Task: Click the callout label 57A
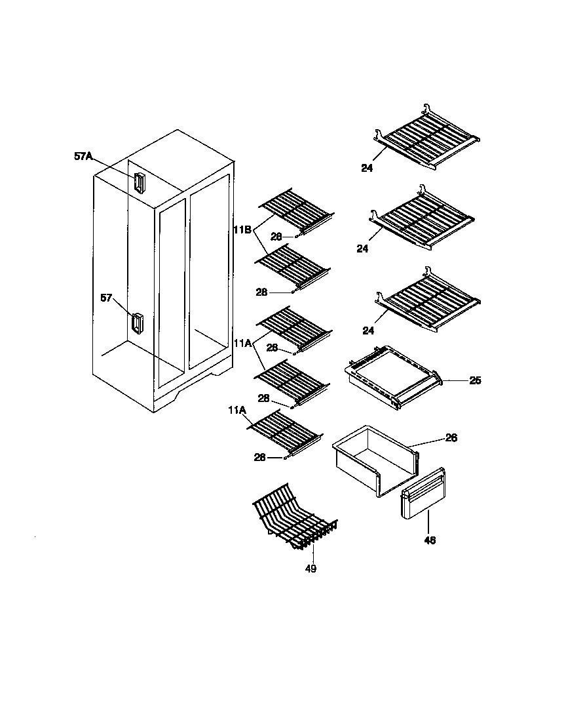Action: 84,156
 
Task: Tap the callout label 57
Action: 107,297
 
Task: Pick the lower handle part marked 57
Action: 137,324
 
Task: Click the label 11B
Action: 242,230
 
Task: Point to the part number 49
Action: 311,569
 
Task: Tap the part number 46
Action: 429,540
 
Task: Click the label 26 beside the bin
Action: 451,437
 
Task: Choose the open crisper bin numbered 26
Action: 373,459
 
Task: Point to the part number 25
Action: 475,380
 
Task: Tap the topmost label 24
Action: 366,168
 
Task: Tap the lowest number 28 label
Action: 260,458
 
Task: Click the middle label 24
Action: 362,249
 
